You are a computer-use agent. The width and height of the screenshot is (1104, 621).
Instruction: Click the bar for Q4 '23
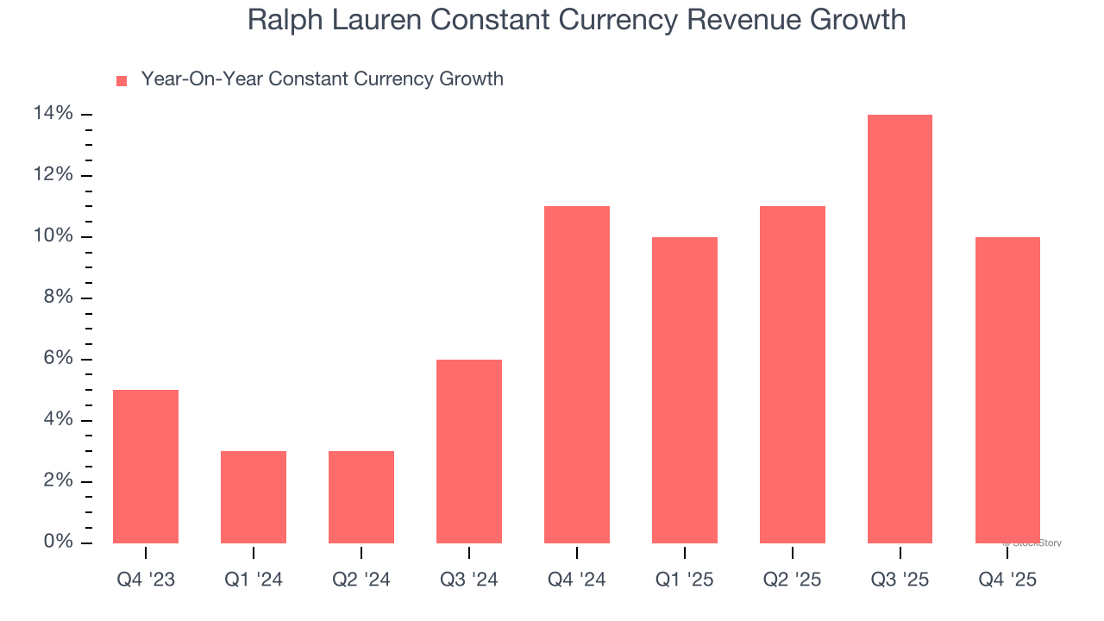tap(146, 467)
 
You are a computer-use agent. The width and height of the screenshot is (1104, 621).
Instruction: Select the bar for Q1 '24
tap(254, 497)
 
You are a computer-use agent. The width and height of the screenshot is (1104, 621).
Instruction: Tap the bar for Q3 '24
tap(469, 451)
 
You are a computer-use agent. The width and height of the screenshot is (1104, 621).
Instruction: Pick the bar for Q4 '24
tap(577, 374)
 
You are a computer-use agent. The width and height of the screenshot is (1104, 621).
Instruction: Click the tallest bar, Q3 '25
tap(900, 329)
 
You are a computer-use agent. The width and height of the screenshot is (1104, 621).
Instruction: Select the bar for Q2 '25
tap(793, 374)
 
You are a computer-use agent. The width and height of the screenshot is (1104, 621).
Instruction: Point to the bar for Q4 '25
tap(1007, 390)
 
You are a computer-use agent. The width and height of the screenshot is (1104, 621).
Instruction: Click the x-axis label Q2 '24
tap(361, 580)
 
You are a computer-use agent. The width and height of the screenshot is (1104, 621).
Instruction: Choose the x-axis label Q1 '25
tap(684, 580)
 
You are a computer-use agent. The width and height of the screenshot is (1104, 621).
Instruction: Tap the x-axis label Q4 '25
tap(1007, 580)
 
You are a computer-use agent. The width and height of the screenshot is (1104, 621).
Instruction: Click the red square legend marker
tap(122, 80)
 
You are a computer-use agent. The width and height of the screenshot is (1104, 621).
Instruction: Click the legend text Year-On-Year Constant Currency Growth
tap(322, 79)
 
